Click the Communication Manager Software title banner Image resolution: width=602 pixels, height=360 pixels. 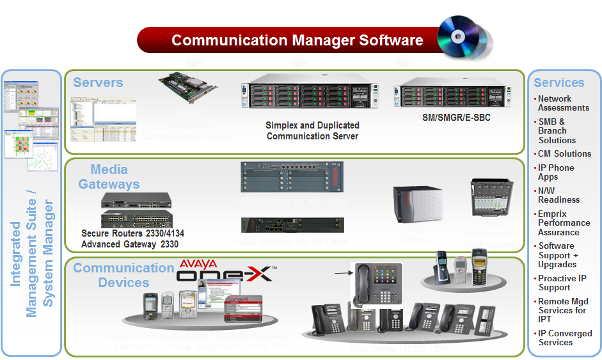click(x=297, y=40)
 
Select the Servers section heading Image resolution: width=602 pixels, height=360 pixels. click(x=98, y=82)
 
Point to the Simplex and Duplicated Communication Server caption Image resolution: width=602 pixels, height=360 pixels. click(x=312, y=130)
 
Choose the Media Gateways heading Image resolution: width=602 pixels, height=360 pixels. click(x=109, y=176)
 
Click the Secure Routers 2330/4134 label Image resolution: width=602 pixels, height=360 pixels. click(x=132, y=233)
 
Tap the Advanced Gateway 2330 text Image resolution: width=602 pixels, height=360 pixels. click(x=130, y=244)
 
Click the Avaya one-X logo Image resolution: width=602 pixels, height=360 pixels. click(x=224, y=272)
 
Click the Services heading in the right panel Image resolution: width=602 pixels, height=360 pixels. click(x=558, y=82)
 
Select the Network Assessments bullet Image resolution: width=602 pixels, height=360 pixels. click(x=563, y=103)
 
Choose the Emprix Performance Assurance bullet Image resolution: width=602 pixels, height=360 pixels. click(x=563, y=223)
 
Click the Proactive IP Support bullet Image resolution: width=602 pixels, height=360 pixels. click(x=562, y=283)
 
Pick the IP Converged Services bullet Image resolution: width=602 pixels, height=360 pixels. click(x=564, y=338)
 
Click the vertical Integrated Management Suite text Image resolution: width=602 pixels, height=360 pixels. click(x=31, y=253)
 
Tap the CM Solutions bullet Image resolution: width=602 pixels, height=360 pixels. click(x=564, y=153)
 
